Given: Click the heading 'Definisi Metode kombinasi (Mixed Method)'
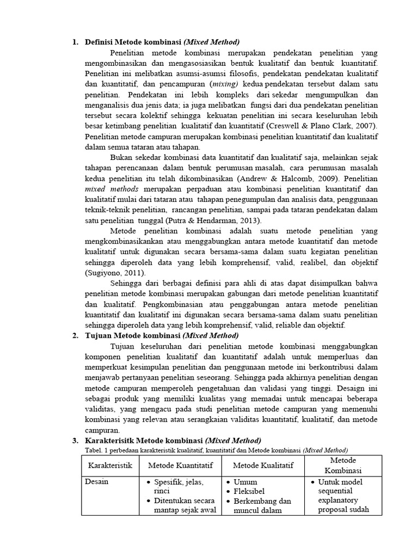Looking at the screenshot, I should coord(162,42).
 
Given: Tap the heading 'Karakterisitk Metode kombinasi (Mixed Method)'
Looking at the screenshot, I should coord(173,440).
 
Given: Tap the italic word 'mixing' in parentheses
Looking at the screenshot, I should coord(225,84).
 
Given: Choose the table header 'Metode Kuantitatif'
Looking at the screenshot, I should coord(180,465).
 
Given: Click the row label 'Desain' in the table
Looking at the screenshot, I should coord(96,482).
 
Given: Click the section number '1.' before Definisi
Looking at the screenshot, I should coord(76,42).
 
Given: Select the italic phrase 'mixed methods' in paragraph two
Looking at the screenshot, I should coord(112,189).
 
